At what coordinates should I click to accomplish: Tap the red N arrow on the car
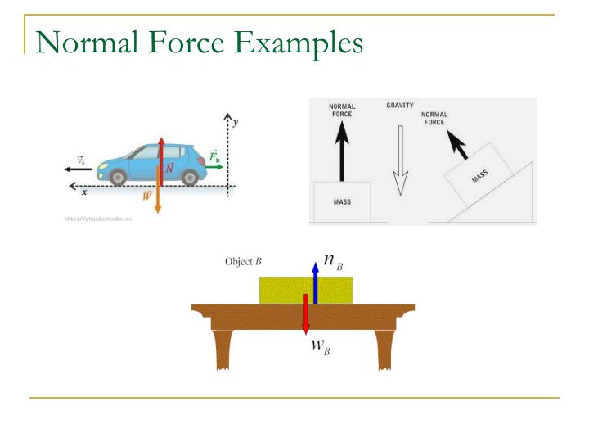tap(161, 156)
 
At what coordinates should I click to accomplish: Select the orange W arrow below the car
tap(157, 196)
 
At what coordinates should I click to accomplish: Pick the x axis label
tap(83, 193)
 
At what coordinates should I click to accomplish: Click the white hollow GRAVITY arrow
tap(399, 160)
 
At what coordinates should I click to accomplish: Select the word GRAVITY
tap(399, 106)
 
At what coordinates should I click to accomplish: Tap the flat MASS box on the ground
tap(342, 201)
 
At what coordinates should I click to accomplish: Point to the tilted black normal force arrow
tap(456, 145)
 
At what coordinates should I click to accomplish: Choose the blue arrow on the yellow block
tap(315, 282)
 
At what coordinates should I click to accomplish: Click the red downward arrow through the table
tap(305, 315)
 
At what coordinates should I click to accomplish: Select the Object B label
tap(243, 262)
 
